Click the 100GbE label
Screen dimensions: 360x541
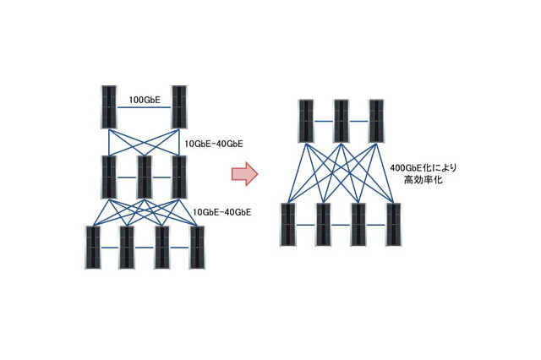click(145, 100)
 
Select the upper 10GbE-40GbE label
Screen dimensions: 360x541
click(215, 144)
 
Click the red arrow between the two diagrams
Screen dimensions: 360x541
click(244, 174)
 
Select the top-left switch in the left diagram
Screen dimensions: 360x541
click(109, 106)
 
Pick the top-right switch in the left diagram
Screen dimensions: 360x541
click(179, 106)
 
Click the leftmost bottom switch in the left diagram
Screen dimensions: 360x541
click(92, 248)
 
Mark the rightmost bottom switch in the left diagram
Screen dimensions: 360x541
click(197, 248)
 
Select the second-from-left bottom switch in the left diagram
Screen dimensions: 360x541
click(127, 248)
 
